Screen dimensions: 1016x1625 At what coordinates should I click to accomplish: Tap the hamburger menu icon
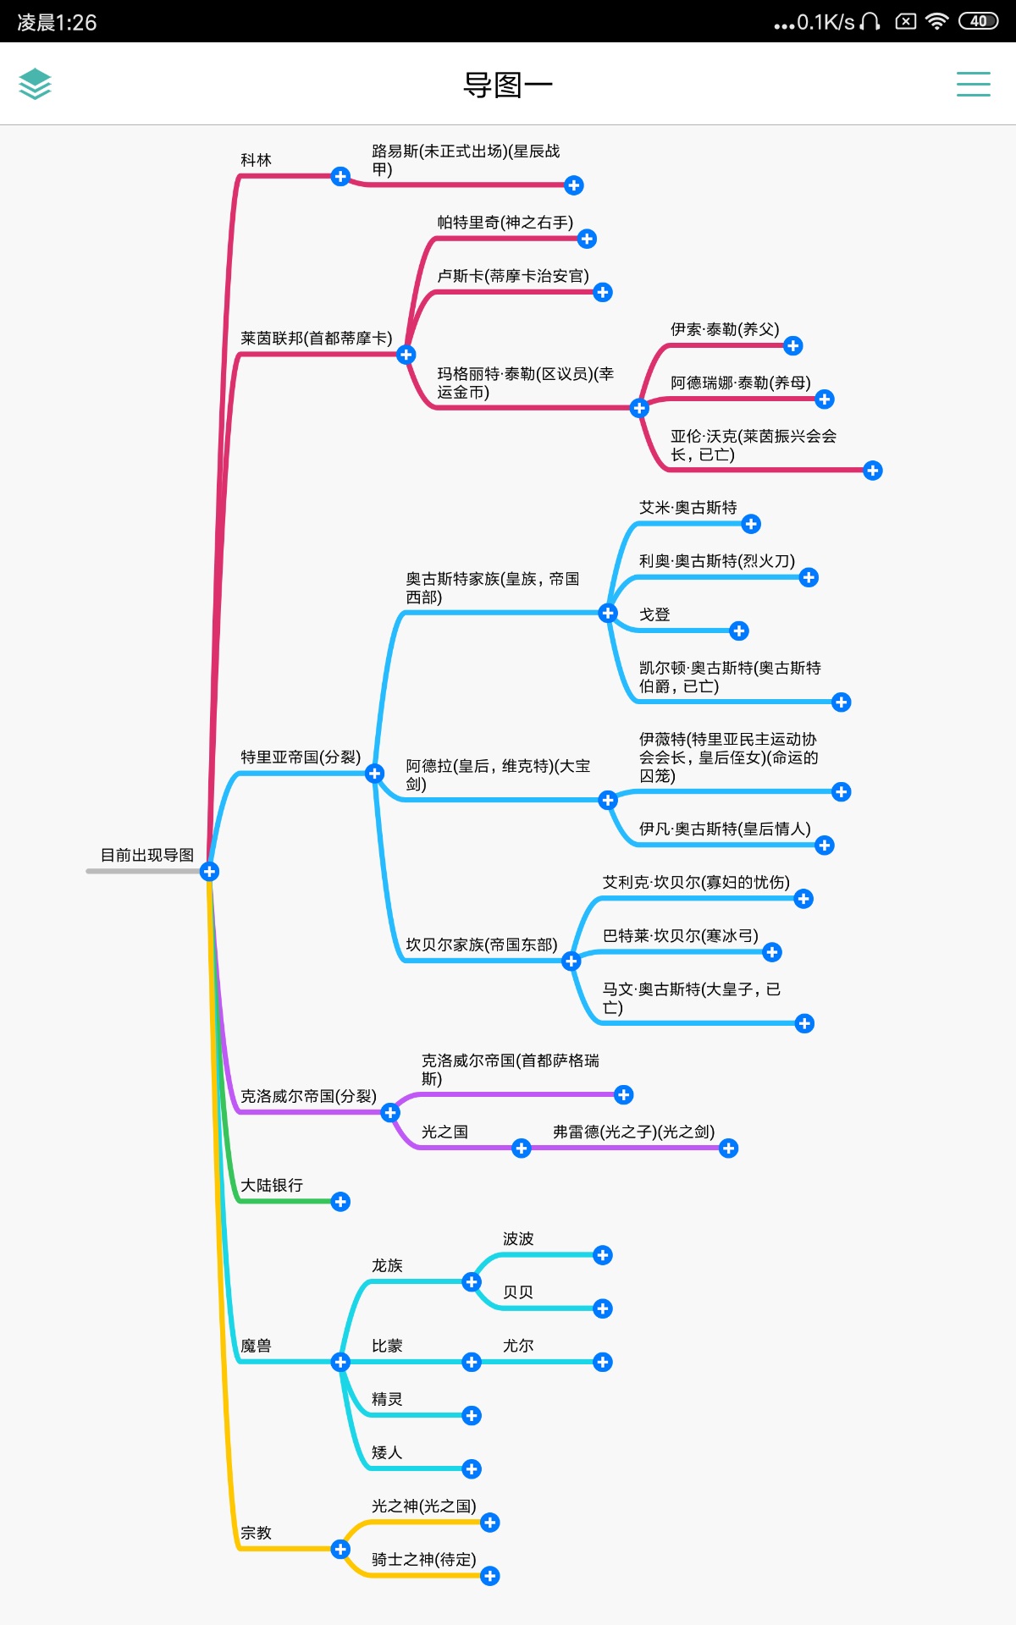(x=973, y=84)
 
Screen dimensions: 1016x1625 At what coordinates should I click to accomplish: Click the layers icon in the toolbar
(x=35, y=84)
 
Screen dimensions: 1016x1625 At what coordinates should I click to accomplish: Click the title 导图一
(x=507, y=85)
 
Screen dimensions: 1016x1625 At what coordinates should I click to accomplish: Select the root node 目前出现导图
(x=147, y=855)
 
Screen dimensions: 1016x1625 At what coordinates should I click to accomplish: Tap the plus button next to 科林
(x=340, y=176)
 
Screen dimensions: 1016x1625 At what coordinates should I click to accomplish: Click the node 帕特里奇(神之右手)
(x=505, y=223)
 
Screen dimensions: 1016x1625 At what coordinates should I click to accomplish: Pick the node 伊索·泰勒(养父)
(x=725, y=329)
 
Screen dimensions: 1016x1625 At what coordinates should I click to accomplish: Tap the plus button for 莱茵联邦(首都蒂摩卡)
(x=406, y=354)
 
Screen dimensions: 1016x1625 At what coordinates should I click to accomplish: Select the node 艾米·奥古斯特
(x=687, y=508)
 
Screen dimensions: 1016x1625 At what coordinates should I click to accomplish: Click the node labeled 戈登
(x=654, y=614)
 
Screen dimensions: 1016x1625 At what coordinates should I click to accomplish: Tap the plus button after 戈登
(x=739, y=631)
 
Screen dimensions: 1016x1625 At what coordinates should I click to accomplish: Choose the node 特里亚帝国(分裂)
(x=301, y=757)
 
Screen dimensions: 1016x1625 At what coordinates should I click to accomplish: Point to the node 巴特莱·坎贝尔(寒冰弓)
(x=681, y=935)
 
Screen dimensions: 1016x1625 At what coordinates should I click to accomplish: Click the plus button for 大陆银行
(x=340, y=1202)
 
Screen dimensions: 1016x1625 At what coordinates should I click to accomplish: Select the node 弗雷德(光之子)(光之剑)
(x=634, y=1132)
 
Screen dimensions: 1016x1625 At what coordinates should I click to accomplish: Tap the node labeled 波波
(x=518, y=1239)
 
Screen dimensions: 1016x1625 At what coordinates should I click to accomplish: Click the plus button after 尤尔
(x=603, y=1362)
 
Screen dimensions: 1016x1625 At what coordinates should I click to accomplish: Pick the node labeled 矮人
(x=387, y=1452)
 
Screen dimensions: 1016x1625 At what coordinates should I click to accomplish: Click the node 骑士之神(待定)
(x=424, y=1559)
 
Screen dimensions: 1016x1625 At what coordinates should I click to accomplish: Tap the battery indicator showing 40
(x=979, y=21)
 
